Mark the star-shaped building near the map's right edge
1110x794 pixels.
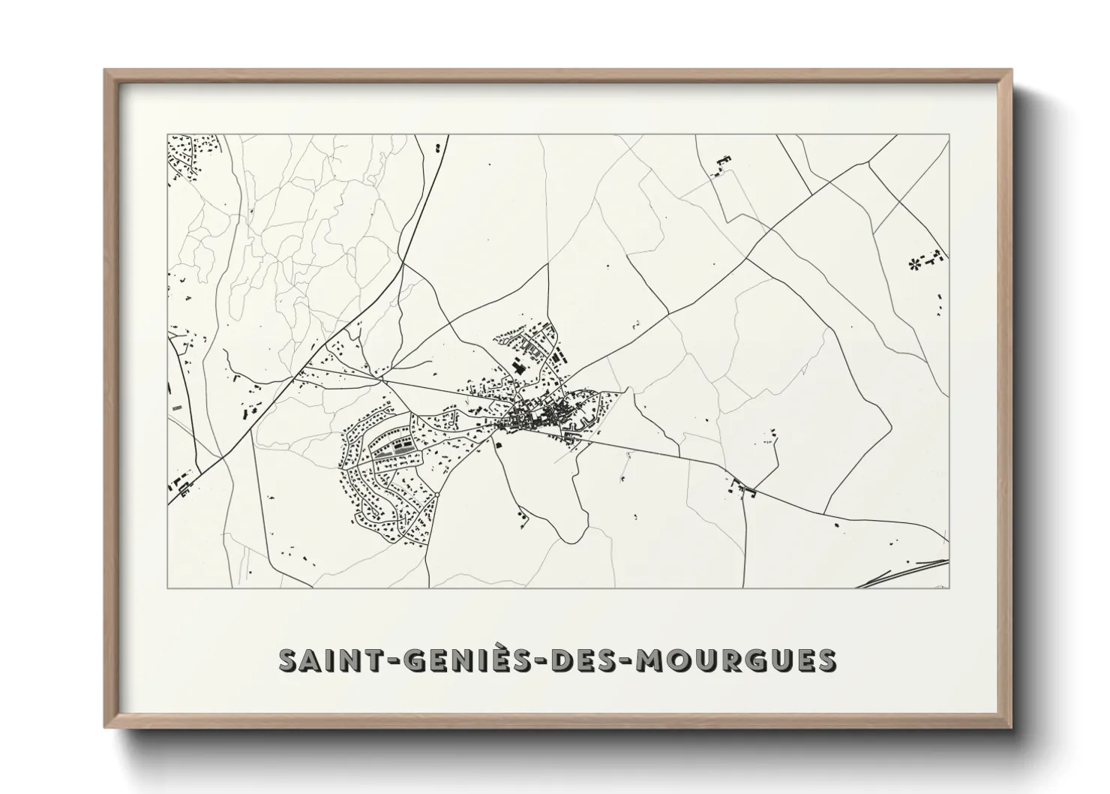coord(913,263)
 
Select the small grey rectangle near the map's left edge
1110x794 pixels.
coord(177,406)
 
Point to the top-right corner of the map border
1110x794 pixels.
coord(948,135)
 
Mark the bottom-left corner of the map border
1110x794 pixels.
coord(167,588)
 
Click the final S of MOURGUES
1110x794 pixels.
coord(826,660)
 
